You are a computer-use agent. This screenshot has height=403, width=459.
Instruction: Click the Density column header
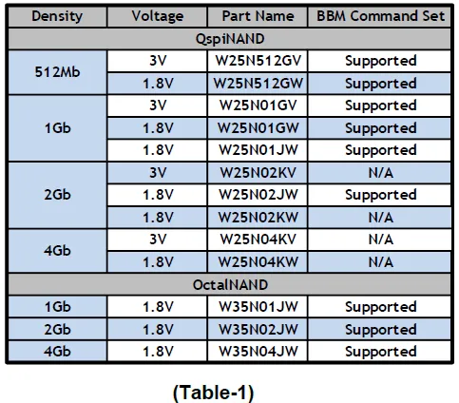point(57,16)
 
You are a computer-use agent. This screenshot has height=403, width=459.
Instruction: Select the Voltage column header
point(158,16)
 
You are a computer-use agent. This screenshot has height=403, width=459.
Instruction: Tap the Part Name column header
point(258,16)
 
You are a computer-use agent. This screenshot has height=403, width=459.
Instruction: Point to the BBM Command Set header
point(380,16)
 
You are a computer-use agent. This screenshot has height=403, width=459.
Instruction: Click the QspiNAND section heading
point(230,39)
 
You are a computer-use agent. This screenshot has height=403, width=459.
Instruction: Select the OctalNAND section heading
point(230,285)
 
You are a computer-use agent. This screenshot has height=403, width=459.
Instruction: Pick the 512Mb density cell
point(57,72)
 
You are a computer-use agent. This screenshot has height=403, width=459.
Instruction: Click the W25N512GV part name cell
point(258,61)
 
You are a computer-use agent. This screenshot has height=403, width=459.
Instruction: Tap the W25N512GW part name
point(258,84)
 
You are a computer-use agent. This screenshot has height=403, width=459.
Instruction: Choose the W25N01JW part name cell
point(258,150)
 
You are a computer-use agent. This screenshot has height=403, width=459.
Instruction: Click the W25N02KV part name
point(258,173)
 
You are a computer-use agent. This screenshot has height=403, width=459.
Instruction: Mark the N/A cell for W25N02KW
point(380,218)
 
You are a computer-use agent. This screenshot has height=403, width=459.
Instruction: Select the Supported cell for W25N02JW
point(380,195)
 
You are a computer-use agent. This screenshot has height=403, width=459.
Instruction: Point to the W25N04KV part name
point(258,240)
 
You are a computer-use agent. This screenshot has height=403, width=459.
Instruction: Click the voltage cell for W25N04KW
point(158,262)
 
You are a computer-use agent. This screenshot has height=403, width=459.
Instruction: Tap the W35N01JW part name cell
point(258,307)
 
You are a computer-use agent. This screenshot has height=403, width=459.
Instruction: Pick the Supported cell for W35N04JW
point(380,352)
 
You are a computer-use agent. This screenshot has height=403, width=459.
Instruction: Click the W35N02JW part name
point(258,330)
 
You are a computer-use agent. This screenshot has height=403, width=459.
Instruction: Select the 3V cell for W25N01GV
point(158,106)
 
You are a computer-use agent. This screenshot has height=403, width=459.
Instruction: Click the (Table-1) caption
point(214,393)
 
